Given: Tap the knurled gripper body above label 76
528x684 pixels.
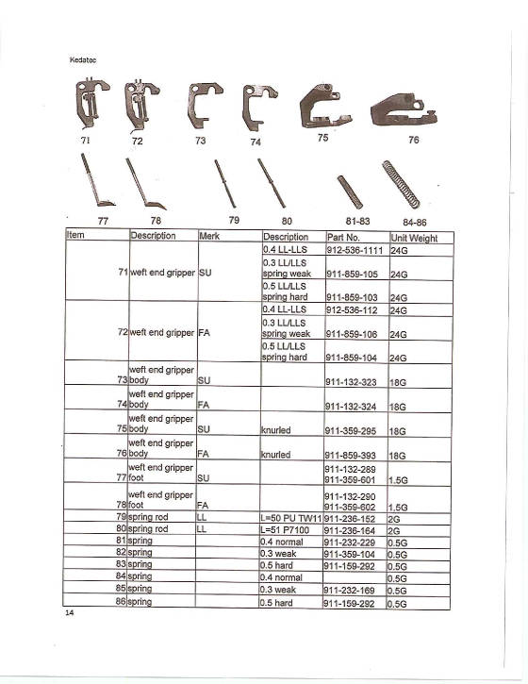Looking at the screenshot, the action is (402, 109).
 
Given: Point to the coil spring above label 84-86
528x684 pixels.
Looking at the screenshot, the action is (401, 184).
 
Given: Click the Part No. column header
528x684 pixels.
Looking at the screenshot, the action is (345, 238).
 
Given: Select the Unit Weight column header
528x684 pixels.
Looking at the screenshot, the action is (415, 238).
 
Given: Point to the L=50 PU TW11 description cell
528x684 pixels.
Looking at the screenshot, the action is (291, 518).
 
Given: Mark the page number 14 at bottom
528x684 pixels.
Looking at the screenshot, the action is (70, 614).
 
